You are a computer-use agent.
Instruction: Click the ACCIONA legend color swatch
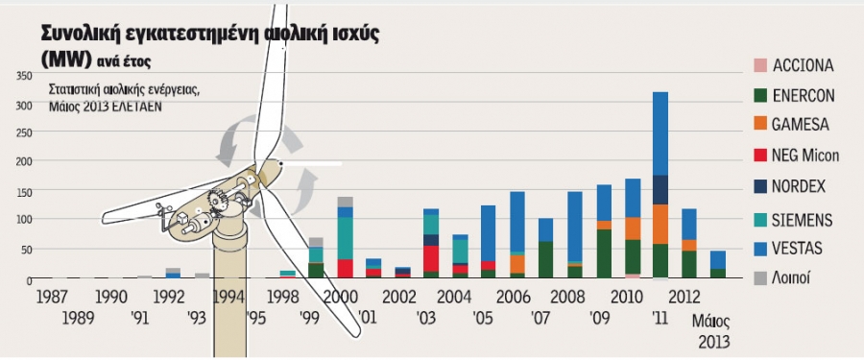[x=760, y=66]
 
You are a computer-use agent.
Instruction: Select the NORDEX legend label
[x=799, y=186]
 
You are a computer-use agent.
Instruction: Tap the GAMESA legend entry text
[x=801, y=125]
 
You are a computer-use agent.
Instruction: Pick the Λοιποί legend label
[x=792, y=279]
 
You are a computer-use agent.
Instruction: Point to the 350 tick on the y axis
[x=25, y=76]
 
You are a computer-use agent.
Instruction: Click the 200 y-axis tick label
[x=25, y=161]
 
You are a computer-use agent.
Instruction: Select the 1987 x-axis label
[x=53, y=297]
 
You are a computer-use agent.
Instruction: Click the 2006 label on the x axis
[x=513, y=297]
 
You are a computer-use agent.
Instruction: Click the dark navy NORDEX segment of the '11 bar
[x=660, y=190]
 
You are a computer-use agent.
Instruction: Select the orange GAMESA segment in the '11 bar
[x=660, y=225]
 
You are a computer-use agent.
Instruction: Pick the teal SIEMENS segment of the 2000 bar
[x=346, y=238]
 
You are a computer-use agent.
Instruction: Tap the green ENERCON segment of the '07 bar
[x=545, y=259]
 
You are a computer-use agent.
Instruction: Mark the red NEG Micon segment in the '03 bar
[x=431, y=258]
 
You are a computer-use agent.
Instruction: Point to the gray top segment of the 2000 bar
[x=346, y=202]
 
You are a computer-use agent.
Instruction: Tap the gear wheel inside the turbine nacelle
[x=216, y=199]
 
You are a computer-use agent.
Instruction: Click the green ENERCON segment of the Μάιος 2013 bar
[x=717, y=273]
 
